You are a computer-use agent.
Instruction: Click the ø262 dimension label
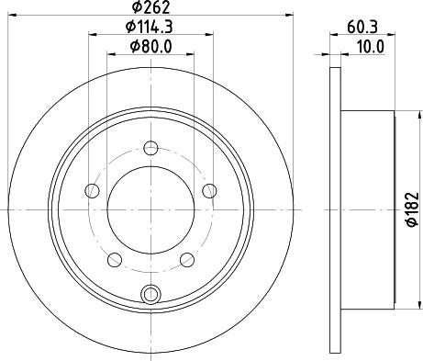[x=150, y=7]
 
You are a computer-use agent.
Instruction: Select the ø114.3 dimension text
[x=150, y=27]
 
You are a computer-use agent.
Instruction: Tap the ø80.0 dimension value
[x=151, y=47]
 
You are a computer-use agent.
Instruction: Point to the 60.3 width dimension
[x=362, y=27]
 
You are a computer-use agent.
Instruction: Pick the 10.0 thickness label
[x=370, y=48]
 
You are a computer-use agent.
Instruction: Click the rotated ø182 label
[x=413, y=209]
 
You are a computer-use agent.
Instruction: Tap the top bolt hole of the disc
[x=150, y=148]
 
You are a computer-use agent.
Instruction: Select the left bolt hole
[x=92, y=191]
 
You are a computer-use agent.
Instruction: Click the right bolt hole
[x=209, y=191]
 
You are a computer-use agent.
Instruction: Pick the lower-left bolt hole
[x=115, y=260]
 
